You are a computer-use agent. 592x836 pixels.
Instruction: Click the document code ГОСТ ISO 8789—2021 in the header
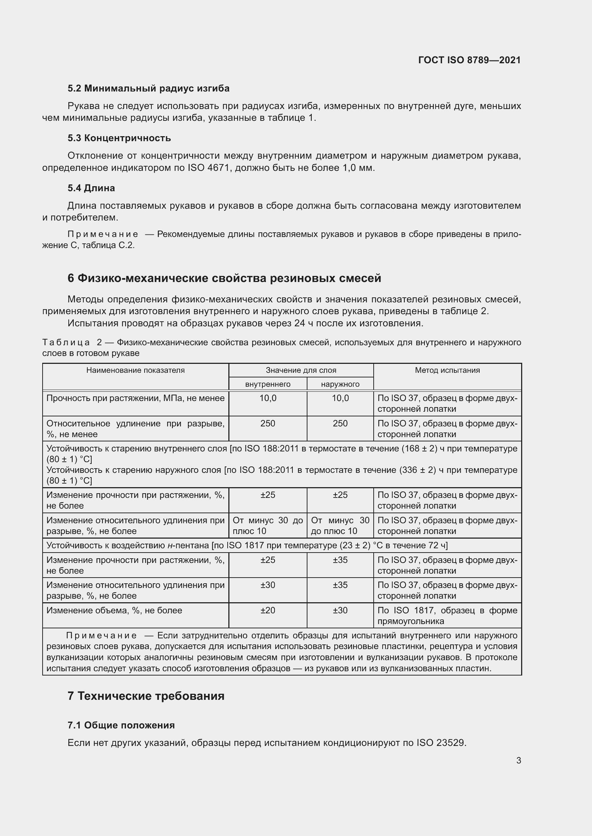point(469,60)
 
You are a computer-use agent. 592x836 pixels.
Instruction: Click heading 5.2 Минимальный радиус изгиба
point(149,89)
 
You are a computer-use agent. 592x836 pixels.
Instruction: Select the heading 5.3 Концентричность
point(119,138)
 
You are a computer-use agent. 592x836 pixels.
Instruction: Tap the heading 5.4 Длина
point(91,188)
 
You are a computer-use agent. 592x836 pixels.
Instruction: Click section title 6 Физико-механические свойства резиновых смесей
point(224,278)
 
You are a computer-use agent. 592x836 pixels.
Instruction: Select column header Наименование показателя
point(135,370)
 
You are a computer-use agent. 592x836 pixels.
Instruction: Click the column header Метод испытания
point(447,370)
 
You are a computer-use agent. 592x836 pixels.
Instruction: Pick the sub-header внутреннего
point(268,384)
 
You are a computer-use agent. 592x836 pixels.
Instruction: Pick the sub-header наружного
point(340,384)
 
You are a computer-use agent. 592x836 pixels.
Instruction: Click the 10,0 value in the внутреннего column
point(268,398)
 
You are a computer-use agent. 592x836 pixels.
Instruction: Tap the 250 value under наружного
point(340,424)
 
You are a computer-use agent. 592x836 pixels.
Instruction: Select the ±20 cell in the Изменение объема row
point(268,610)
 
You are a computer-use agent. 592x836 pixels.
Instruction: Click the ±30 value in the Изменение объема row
point(340,610)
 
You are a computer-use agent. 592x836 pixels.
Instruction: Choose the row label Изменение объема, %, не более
point(114,610)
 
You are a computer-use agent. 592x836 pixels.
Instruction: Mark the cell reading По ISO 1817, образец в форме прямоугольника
point(447,616)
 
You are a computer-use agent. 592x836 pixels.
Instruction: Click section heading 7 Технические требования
point(146,696)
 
